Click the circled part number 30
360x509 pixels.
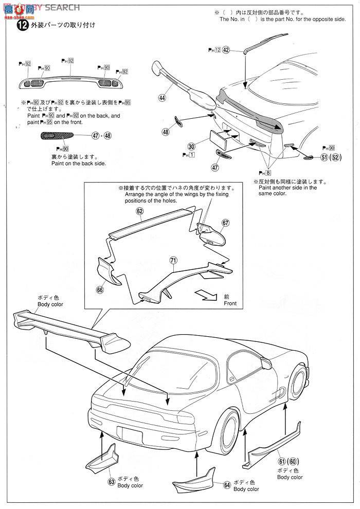tap(191, 147)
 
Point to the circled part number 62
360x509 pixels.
tap(140, 211)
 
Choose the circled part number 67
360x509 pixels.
tap(225, 223)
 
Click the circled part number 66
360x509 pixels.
tap(100, 290)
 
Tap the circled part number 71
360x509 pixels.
tap(174, 261)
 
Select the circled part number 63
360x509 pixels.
tap(112, 482)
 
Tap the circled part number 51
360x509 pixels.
tap(324, 157)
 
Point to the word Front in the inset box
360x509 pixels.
tap(230, 304)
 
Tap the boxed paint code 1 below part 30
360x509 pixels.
tap(191, 155)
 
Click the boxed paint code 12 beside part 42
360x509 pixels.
tap(217, 50)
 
